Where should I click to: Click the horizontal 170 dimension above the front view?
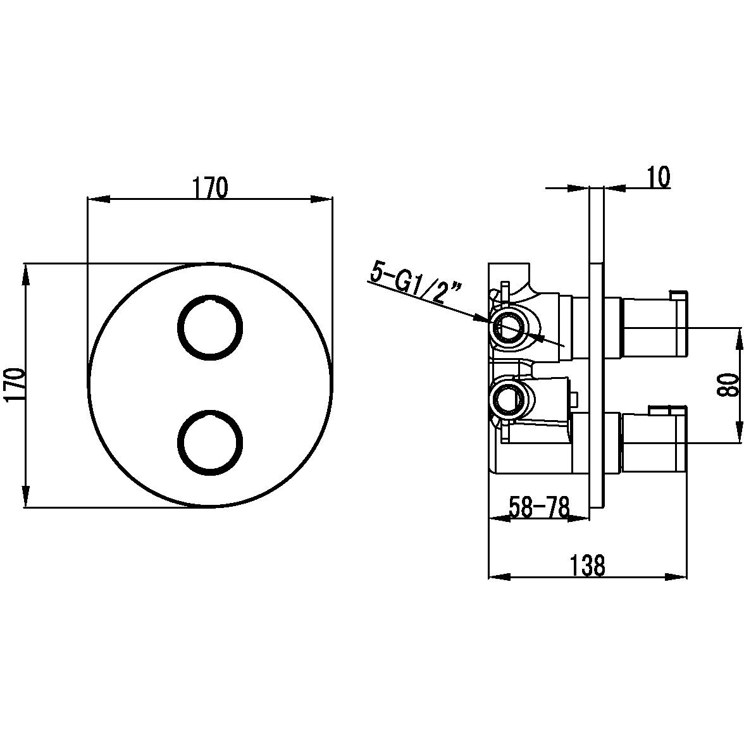point(210,188)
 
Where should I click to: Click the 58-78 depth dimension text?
point(539,507)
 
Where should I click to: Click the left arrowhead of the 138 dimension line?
point(499,577)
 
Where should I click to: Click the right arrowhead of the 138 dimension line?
point(676,577)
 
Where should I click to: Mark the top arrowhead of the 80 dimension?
point(739,338)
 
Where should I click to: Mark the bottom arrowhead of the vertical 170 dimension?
point(25,497)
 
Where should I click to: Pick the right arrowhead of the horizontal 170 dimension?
point(321,199)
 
